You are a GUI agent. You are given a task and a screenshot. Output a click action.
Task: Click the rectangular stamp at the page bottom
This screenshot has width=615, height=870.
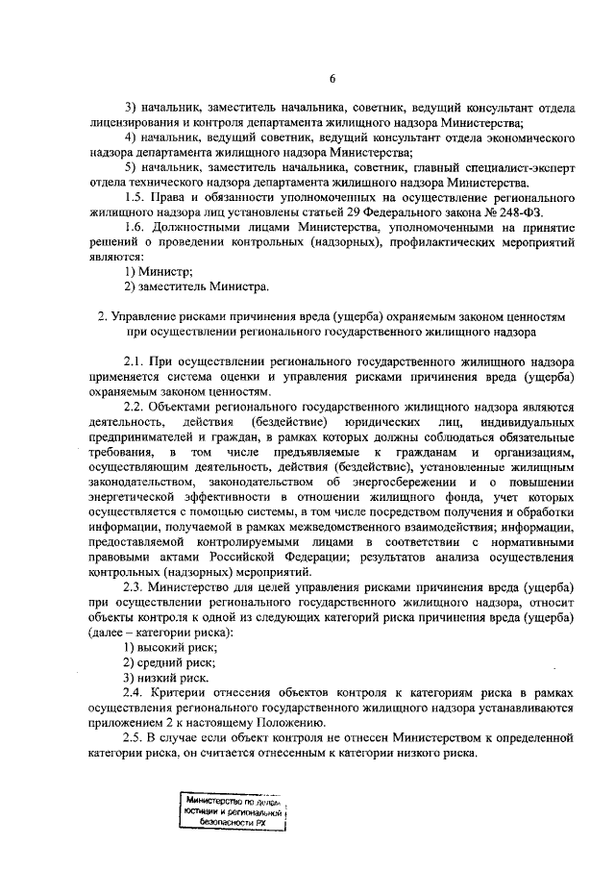tap(235, 812)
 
